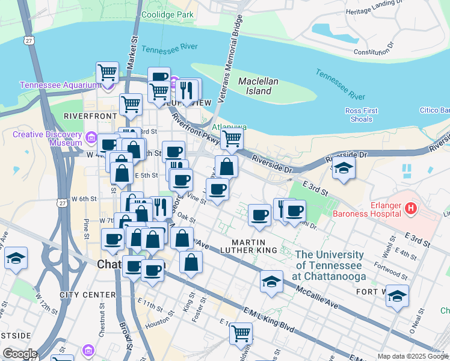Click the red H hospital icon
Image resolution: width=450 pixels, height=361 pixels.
click(411, 209)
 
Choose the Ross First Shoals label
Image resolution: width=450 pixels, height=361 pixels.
click(362, 115)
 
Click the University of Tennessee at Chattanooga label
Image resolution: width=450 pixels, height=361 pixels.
click(329, 265)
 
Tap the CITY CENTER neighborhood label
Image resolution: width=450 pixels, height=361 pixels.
click(87, 295)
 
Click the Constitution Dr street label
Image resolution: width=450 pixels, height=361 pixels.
click(373, 49)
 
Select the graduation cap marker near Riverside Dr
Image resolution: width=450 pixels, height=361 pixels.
click(344, 167)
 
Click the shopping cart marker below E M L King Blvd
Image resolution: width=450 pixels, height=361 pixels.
click(241, 333)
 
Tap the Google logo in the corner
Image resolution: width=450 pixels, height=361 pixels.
click(20, 354)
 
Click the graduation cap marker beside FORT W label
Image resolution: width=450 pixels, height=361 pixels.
click(397, 295)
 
